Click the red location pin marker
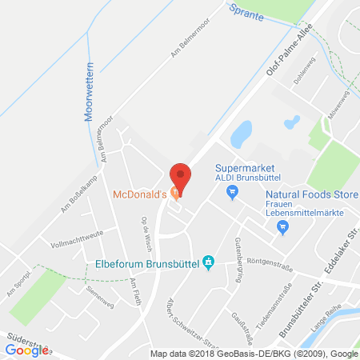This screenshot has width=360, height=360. point(182,176)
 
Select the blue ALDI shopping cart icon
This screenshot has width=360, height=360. point(232,190)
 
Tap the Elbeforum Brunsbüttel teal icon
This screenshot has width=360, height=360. point(208,261)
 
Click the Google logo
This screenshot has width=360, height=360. point(26,350)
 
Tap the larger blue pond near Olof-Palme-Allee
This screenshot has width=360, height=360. point(242,134)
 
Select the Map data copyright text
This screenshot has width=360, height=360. point(254,353)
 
